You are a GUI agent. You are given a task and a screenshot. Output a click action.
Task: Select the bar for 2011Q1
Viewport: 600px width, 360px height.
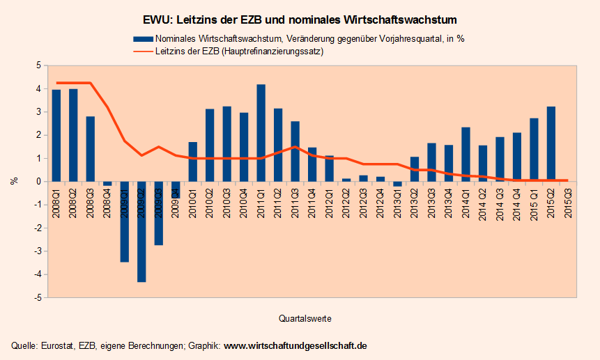pyautogui.click(x=261, y=132)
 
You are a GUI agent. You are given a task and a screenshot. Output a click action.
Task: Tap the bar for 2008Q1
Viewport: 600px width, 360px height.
pyautogui.click(x=56, y=135)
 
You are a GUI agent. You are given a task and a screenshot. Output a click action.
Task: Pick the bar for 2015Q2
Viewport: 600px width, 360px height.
pyautogui.click(x=551, y=143)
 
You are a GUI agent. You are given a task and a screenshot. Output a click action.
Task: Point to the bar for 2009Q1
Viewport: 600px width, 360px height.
pyautogui.click(x=125, y=221)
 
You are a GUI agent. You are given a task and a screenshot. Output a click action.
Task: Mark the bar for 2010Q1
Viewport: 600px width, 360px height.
pyautogui.click(x=193, y=162)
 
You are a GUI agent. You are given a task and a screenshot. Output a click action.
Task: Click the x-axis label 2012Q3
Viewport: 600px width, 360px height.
pyautogui.click(x=363, y=204)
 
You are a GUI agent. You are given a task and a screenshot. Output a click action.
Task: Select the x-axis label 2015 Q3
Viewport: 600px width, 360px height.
pyautogui.click(x=568, y=204)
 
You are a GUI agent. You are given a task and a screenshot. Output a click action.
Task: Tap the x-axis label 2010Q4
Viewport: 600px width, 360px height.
pyautogui.click(x=244, y=204)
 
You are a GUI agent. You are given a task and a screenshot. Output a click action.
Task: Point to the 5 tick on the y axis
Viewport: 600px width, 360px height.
pyautogui.click(x=38, y=65)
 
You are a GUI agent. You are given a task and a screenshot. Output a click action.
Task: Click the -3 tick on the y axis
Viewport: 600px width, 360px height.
pyautogui.click(x=37, y=251)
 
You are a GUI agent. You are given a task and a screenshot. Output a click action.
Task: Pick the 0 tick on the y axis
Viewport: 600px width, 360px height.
pyautogui.click(x=38, y=181)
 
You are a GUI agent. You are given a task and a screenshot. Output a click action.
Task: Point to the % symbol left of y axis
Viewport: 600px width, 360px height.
pyautogui.click(x=13, y=181)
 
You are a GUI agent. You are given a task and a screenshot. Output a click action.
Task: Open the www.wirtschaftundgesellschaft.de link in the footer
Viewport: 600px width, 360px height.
pyautogui.click(x=295, y=346)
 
